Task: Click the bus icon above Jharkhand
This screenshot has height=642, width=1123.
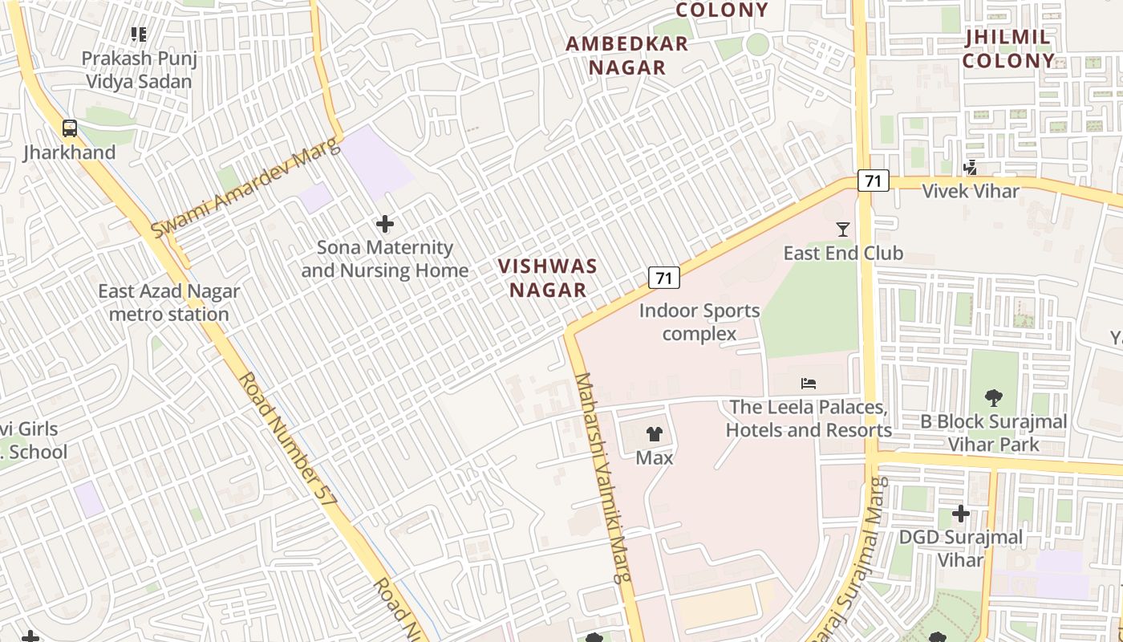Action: pos(70,128)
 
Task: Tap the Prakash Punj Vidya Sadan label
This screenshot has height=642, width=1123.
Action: pos(140,70)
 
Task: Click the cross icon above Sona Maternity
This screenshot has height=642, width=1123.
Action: pos(385,224)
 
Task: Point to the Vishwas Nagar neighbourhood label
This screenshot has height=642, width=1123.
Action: pos(548,278)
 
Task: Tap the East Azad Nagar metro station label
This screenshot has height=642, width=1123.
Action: pos(168,303)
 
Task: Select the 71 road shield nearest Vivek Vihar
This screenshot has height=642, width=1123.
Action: pos(873,181)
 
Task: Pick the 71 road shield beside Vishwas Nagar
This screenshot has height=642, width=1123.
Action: pos(663,278)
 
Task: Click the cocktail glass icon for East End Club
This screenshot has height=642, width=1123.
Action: pos(842,230)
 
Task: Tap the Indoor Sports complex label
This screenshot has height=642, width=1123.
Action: pos(699,322)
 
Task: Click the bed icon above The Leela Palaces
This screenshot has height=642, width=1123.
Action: pos(809,384)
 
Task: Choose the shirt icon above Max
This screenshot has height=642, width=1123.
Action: pos(655,434)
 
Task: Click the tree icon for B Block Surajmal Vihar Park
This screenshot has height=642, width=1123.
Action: pos(993,397)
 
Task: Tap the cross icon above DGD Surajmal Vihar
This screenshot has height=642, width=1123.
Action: pos(960,513)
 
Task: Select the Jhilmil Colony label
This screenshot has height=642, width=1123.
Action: pos(1008,49)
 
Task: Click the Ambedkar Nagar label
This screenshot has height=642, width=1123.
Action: pos(627,55)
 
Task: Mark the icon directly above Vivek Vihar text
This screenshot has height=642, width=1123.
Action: pos(971,168)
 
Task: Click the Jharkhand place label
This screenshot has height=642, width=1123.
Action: pos(70,152)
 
